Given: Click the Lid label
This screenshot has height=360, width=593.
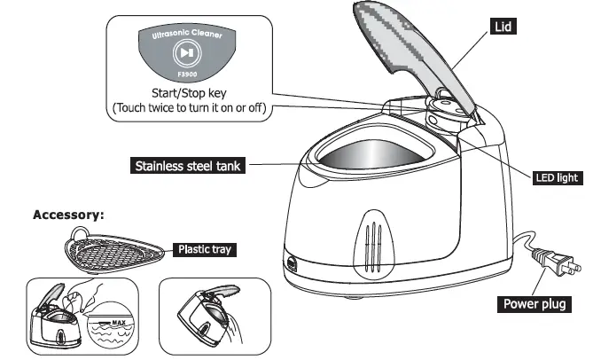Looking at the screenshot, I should (x=503, y=27).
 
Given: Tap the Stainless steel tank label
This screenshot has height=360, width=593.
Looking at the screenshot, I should (x=186, y=166).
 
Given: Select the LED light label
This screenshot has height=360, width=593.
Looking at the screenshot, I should (x=557, y=177).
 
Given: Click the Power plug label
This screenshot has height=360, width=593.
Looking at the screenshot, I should (x=535, y=304).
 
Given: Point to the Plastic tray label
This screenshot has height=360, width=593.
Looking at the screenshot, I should (x=203, y=250).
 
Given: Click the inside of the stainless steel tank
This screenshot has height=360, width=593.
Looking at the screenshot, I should (x=372, y=159).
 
